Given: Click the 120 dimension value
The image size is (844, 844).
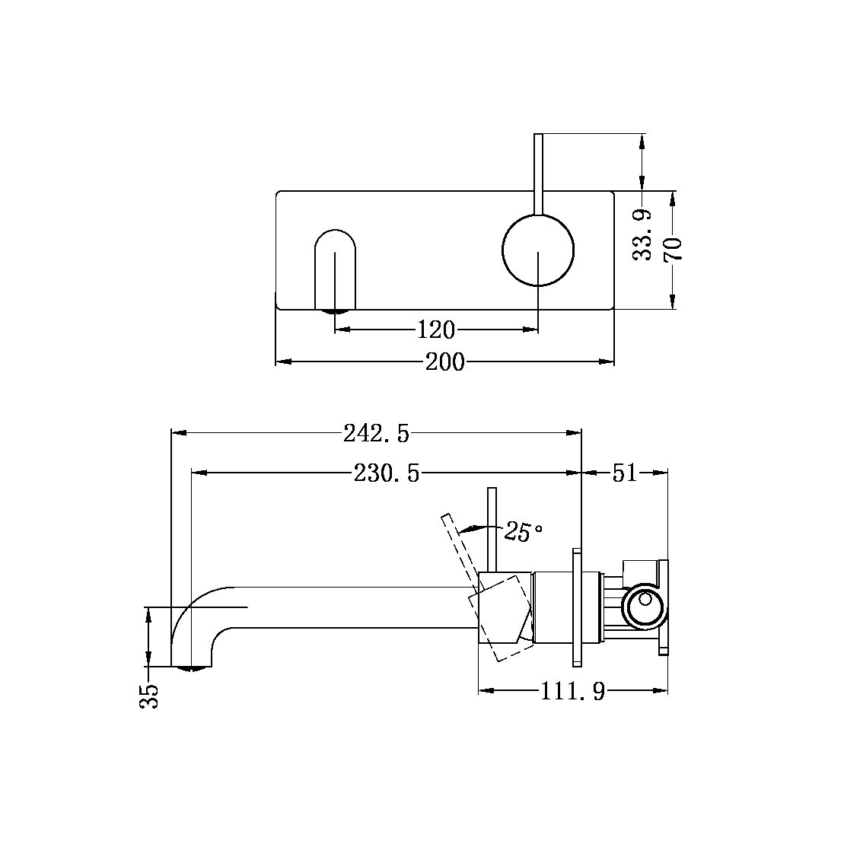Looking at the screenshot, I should [x=436, y=330].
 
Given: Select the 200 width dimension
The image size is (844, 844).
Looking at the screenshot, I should [x=444, y=362].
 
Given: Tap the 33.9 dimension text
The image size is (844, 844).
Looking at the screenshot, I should [x=644, y=236].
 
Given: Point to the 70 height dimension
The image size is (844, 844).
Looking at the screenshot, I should [x=674, y=250].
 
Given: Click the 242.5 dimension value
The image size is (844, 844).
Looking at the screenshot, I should [x=376, y=433].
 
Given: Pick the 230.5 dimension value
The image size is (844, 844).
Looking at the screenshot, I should [x=387, y=473].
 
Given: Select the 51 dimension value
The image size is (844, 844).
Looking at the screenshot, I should [x=624, y=473].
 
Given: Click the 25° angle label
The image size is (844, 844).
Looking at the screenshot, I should [x=523, y=532].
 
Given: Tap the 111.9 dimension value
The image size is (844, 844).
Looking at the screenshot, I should [x=572, y=691].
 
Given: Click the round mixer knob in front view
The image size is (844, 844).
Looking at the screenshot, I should [x=538, y=250].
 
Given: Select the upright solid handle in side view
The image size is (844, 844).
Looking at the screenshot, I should [x=492, y=529].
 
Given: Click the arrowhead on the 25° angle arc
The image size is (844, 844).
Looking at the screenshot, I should [x=467, y=527].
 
